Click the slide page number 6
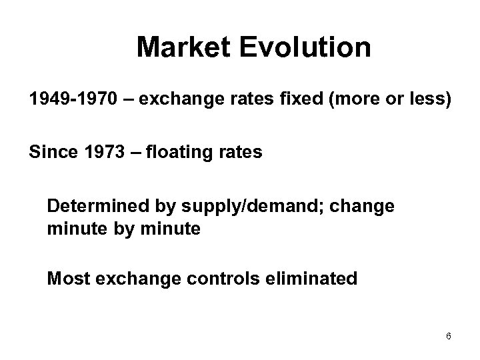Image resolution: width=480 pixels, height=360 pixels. (449, 336)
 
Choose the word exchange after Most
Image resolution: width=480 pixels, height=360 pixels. (133, 279)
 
